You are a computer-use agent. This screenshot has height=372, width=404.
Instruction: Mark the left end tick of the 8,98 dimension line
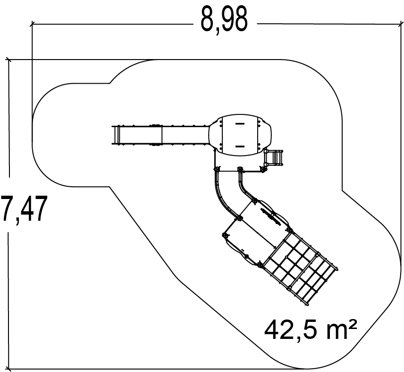coord(32,24)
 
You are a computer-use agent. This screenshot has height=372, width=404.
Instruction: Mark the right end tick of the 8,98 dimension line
coord(401,24)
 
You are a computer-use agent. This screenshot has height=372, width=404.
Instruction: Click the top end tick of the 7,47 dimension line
coord(9,60)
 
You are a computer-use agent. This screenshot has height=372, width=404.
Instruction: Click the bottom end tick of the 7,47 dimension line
coord(9,369)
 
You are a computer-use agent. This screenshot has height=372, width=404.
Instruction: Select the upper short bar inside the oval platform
coord(240,123)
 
